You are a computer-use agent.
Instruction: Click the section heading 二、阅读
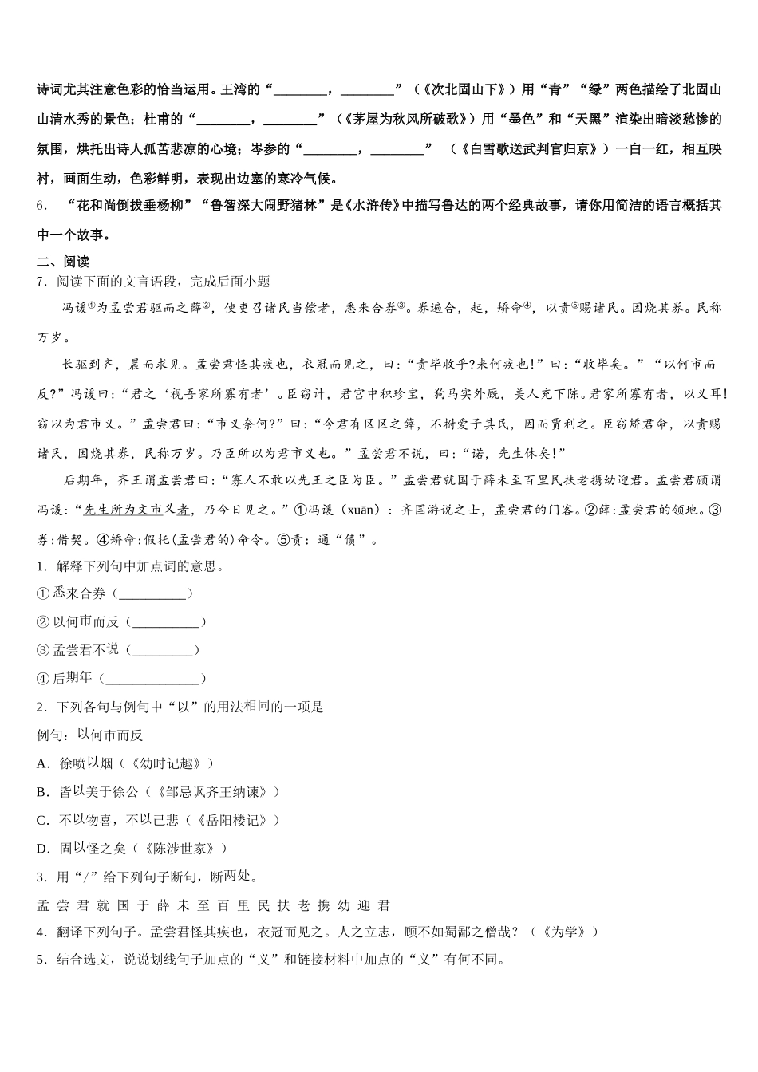[x=63, y=262]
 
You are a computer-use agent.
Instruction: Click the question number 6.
[x=41, y=206]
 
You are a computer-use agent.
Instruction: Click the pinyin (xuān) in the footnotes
[x=345, y=510]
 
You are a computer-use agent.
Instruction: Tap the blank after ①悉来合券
[x=152, y=593]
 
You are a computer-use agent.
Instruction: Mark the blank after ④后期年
[x=152, y=679]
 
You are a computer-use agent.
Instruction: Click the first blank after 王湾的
[x=299, y=89]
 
